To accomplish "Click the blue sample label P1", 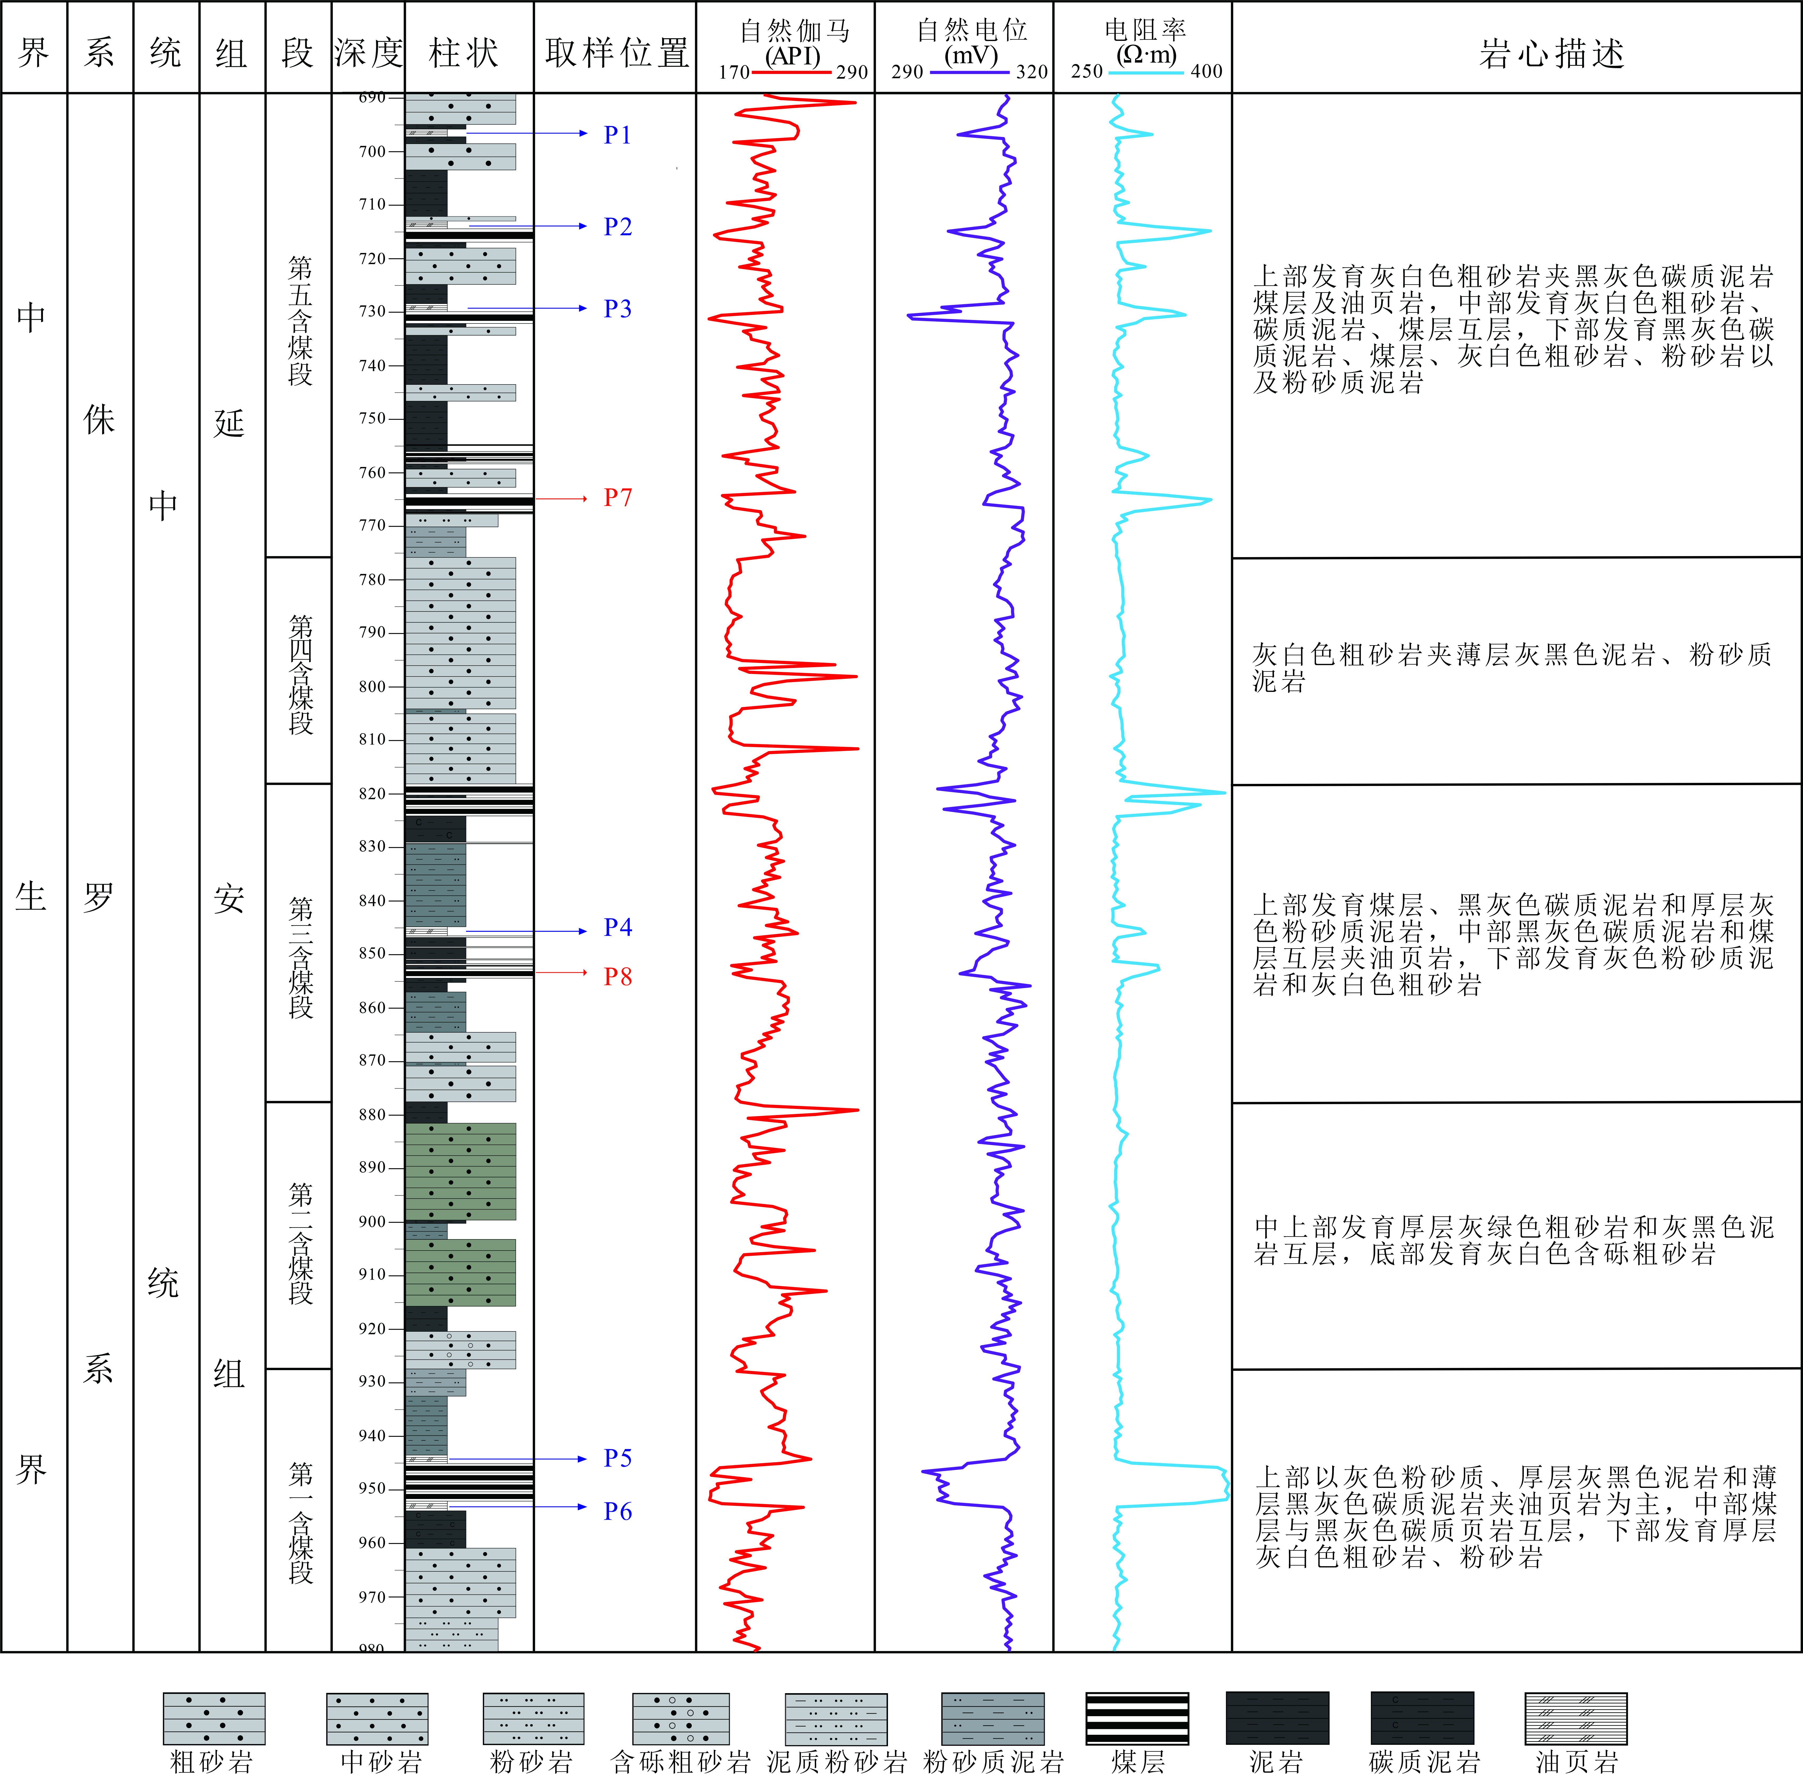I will [617, 135].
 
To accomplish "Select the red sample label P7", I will [617, 497].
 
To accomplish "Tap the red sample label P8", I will [617, 976].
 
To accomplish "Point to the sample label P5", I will [617, 1458].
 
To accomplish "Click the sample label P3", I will [617, 308].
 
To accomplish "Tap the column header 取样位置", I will [616, 53].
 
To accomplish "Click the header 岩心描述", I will [1551, 53].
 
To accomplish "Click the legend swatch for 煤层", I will [1137, 1719].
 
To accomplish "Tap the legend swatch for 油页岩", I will [1576, 1719].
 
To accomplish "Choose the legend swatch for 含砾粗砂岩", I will [680, 1719].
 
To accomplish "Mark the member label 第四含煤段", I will [300, 674].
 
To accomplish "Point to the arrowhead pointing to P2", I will [582, 226].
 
